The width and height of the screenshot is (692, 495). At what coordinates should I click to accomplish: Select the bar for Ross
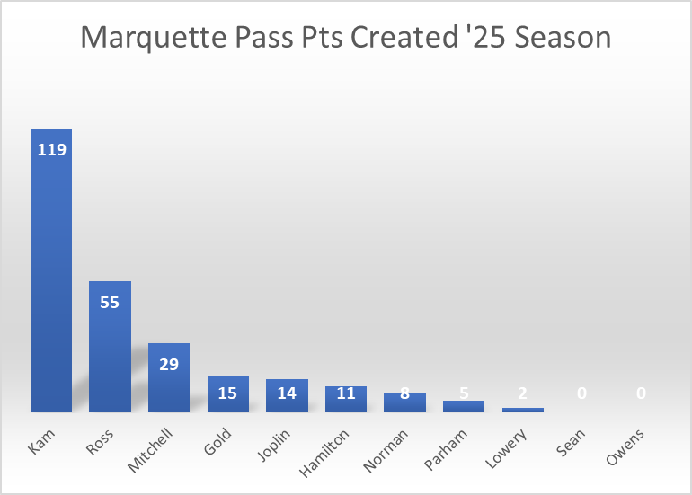pos(110,350)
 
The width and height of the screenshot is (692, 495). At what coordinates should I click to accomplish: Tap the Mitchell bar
pos(169,382)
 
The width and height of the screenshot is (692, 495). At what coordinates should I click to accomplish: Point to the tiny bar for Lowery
pos(523,410)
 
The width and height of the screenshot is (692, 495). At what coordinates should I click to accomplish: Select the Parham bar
pos(464,406)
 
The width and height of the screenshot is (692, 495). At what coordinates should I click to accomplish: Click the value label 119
pos(51,150)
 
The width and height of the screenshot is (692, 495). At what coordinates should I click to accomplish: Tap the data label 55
pos(110,302)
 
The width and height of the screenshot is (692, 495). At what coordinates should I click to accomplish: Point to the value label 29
pos(169,364)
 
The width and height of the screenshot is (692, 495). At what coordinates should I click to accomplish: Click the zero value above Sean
pos(581,393)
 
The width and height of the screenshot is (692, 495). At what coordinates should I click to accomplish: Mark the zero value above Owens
pos(641,393)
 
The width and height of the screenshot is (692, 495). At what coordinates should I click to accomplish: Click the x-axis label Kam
pos(40,440)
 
